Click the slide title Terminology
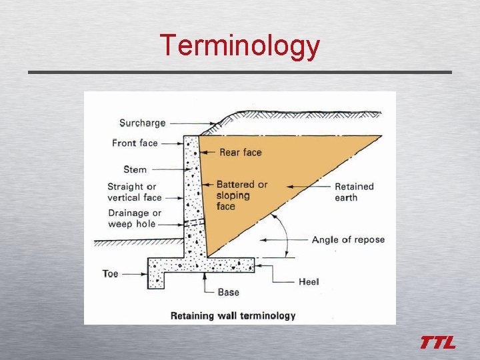click(x=240, y=45)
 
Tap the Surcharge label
click(x=142, y=123)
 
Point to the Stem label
click(x=135, y=169)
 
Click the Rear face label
click(x=240, y=153)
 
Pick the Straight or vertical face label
click(x=135, y=192)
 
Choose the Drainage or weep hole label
click(x=134, y=219)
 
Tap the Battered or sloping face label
click(x=241, y=195)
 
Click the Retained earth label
click(x=354, y=192)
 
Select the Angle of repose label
click(x=348, y=239)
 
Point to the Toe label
click(x=111, y=273)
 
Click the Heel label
click(x=309, y=282)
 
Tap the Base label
click(x=229, y=292)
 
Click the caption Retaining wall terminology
click(x=233, y=315)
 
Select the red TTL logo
click(x=437, y=343)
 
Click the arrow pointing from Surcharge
click(x=193, y=123)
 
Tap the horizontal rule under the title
click(x=240, y=72)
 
